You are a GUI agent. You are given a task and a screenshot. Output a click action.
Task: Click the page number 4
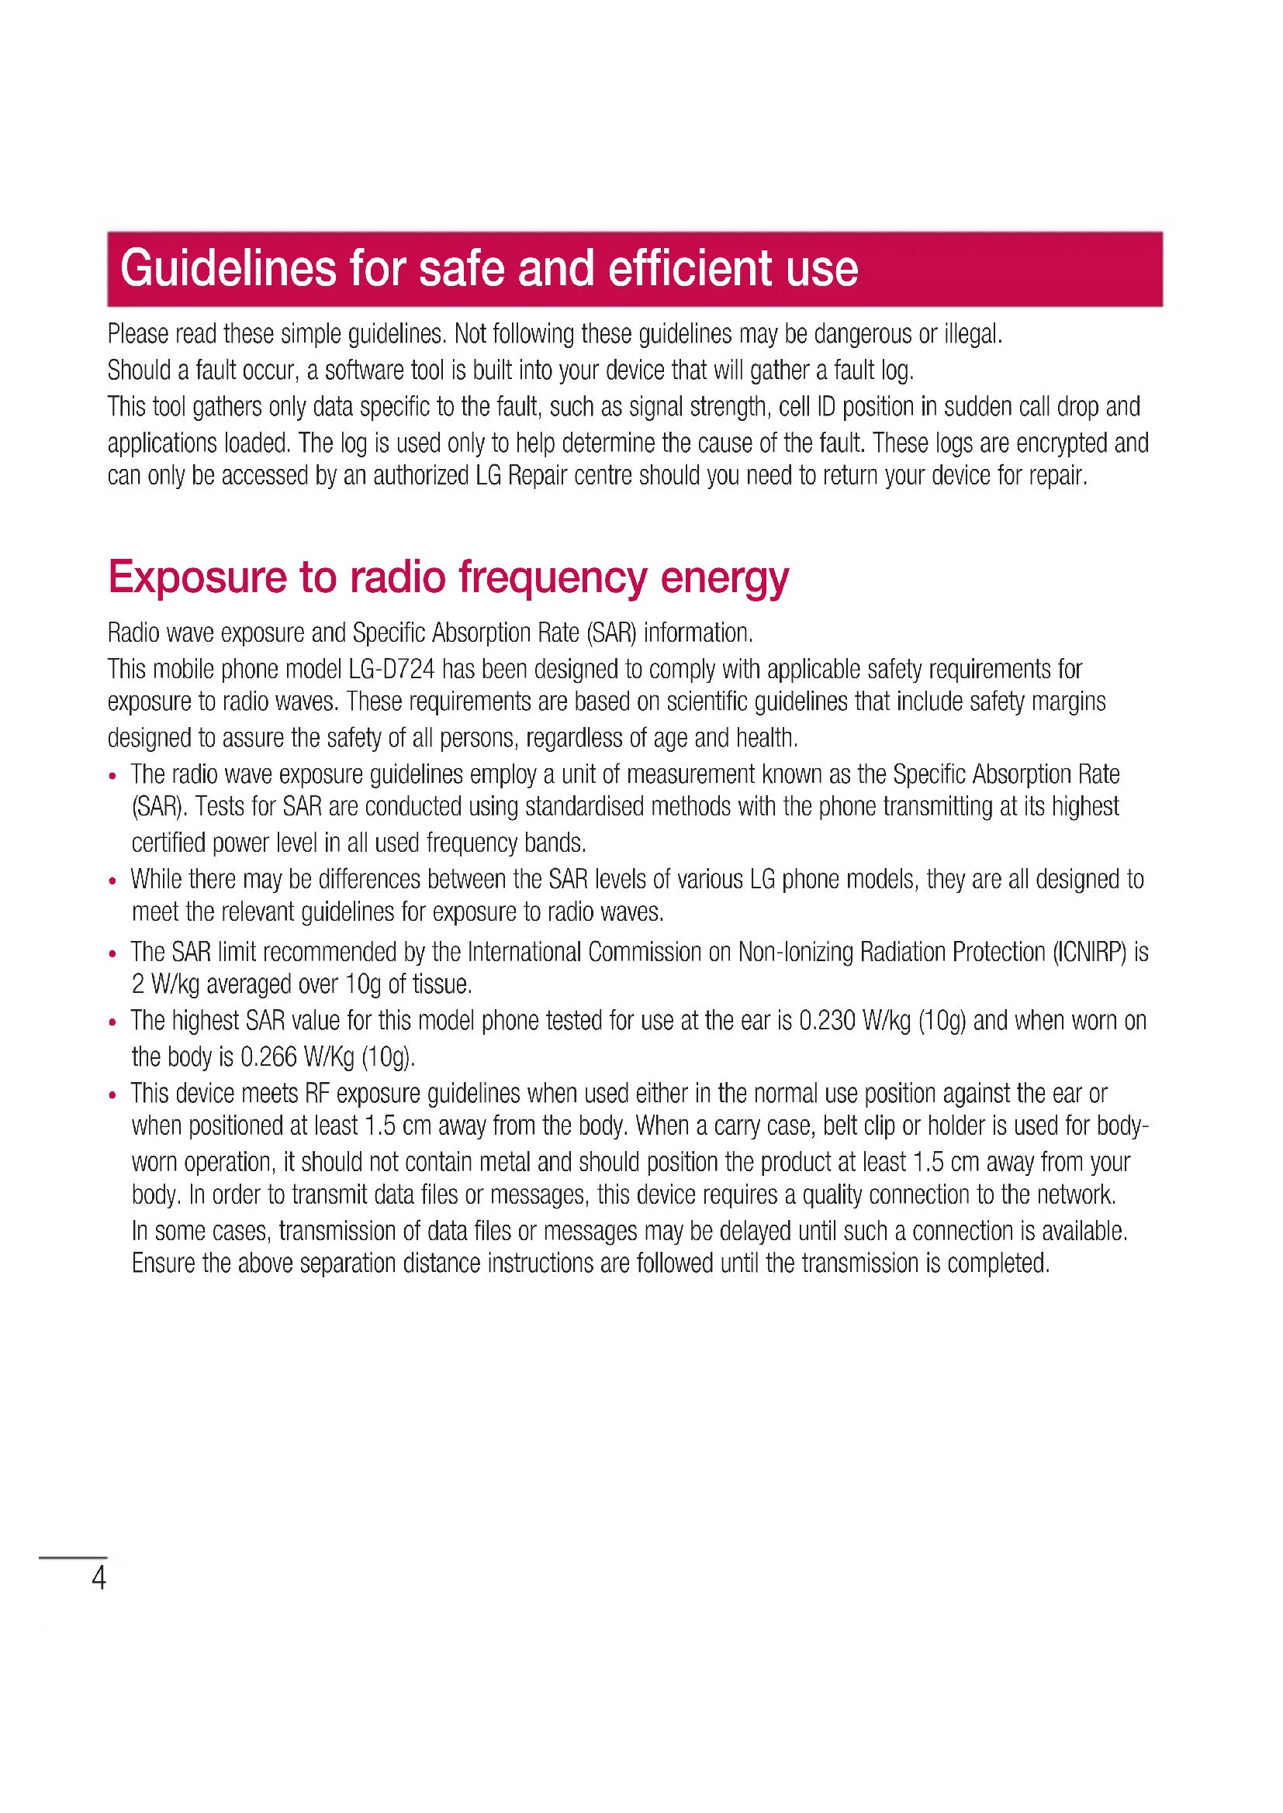[x=99, y=1577]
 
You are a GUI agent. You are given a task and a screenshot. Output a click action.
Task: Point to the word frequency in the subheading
[x=553, y=578]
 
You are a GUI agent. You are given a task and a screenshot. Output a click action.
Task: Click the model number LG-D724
[x=391, y=670]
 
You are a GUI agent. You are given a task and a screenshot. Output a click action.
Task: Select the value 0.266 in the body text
[x=268, y=1057]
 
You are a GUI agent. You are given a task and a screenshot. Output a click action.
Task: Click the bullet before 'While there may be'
[x=113, y=881]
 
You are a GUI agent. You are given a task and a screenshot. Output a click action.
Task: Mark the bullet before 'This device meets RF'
[x=113, y=1095]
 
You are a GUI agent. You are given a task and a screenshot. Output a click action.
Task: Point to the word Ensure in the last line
[x=164, y=1263]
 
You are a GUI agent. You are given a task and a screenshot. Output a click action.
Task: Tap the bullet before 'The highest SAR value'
[x=113, y=1022]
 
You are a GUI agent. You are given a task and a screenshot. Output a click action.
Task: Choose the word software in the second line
[x=365, y=371]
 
